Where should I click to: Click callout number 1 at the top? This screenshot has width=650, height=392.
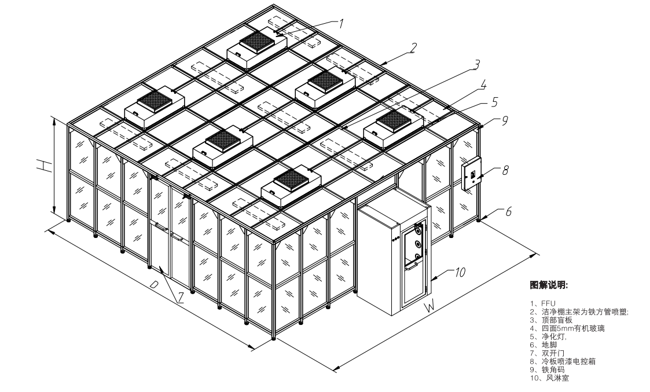click(341, 24)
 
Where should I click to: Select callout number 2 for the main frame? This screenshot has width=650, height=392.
click(413, 48)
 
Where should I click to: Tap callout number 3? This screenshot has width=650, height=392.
click(476, 65)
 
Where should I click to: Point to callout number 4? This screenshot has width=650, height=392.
click(483, 85)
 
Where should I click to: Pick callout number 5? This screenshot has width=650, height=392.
click(494, 102)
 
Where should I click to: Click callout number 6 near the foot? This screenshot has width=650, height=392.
click(508, 211)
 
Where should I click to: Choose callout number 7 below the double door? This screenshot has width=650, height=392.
click(181, 298)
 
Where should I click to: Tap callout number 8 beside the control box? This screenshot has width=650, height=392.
click(505, 170)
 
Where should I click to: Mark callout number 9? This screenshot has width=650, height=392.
click(505, 120)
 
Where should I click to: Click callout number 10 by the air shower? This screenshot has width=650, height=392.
click(460, 272)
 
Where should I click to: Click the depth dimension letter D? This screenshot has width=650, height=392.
click(154, 284)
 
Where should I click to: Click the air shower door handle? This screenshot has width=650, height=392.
click(412, 268)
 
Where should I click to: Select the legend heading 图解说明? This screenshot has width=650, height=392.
click(549, 285)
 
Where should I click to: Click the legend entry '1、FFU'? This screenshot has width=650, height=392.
click(543, 303)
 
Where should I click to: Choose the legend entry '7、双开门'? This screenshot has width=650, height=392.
click(547, 353)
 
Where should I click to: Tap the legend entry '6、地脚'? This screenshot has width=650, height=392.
click(543, 345)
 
